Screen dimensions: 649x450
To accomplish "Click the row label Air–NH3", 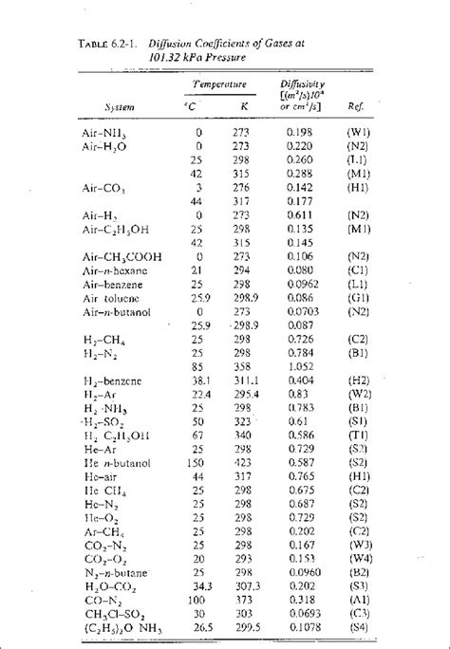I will (106, 132).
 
